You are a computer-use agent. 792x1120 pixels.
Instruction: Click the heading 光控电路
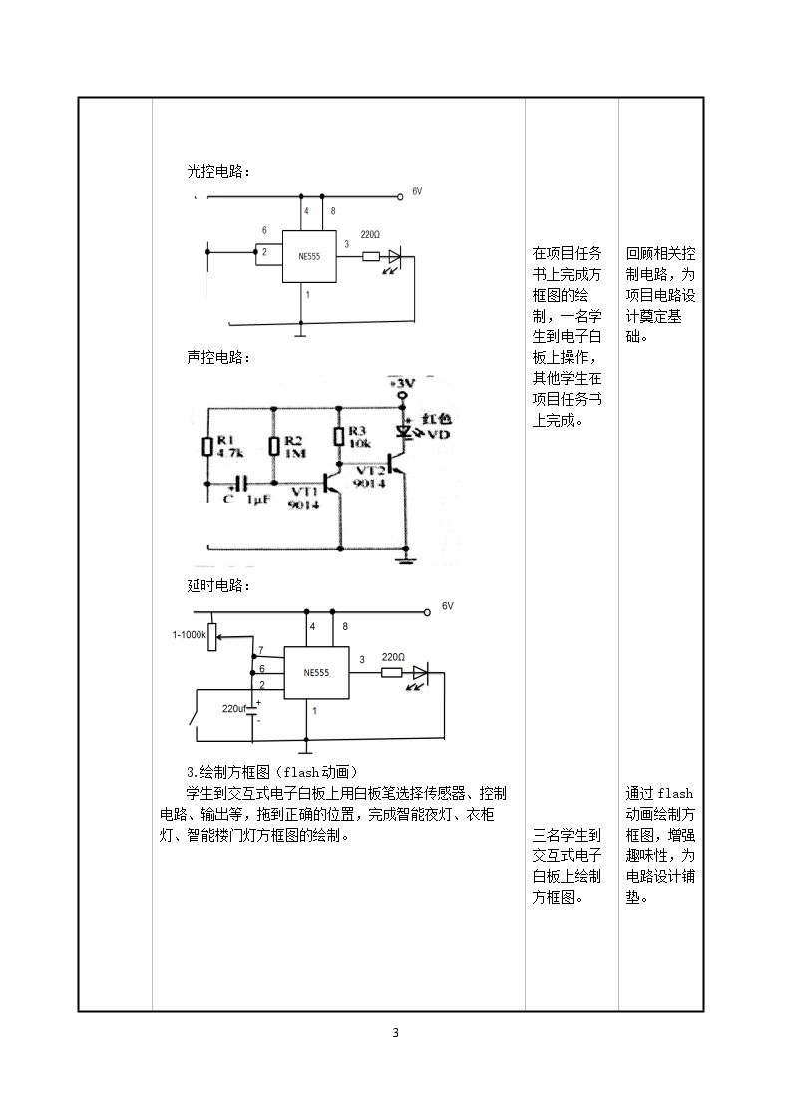(217, 172)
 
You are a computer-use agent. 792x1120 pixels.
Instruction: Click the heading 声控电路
(217, 357)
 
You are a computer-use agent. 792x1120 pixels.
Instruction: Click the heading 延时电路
(217, 585)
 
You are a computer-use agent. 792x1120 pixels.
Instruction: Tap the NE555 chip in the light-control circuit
(309, 256)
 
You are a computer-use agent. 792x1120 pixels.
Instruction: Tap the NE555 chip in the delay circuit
(316, 673)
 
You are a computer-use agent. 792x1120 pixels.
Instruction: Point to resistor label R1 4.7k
(230, 447)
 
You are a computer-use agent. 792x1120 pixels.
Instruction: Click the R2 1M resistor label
(294, 447)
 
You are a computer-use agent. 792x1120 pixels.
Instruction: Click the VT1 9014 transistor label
(304, 498)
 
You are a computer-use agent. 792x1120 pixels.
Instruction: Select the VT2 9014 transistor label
(369, 477)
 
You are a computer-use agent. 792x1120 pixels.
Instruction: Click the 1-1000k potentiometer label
(189, 634)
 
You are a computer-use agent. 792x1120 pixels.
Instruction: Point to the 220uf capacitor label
(233, 708)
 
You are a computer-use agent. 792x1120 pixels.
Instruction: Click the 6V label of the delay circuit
(447, 606)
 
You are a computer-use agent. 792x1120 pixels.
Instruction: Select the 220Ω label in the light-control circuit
(370, 234)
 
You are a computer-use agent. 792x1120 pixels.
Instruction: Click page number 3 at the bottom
(396, 1033)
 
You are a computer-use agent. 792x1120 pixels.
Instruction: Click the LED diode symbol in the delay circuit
(420, 672)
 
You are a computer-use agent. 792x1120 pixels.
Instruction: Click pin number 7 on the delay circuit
(261, 650)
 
